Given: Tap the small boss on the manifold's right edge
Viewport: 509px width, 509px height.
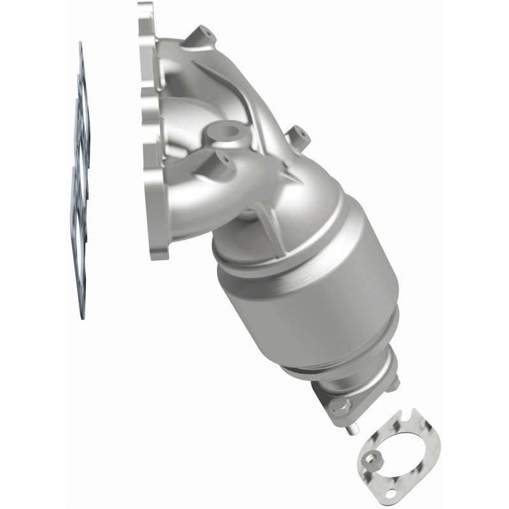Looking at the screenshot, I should coord(298,135).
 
